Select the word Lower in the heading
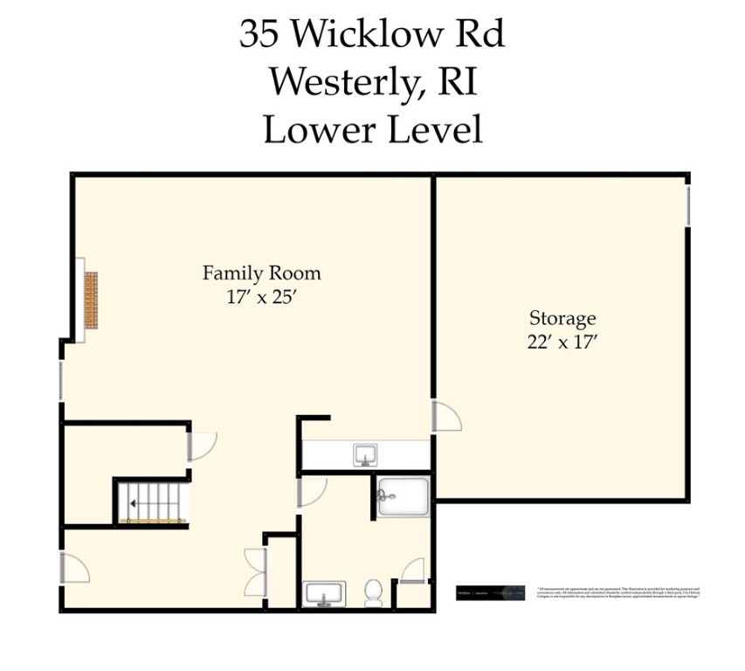coord(307,130)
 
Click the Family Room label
coord(261,273)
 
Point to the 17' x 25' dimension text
coord(261,297)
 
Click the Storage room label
coord(562,318)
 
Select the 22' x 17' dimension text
coord(562,342)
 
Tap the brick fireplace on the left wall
coord(91,300)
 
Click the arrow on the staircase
coord(132,503)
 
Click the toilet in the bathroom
coord(373,592)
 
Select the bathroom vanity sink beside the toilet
coord(325,593)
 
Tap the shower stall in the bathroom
coord(404,496)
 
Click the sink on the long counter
coord(364,454)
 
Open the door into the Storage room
coord(445,416)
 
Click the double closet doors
coord(255,571)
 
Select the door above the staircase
coord(201,446)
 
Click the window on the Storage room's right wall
coord(688,204)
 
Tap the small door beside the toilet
coord(411,571)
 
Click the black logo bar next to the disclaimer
coord(491,592)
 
